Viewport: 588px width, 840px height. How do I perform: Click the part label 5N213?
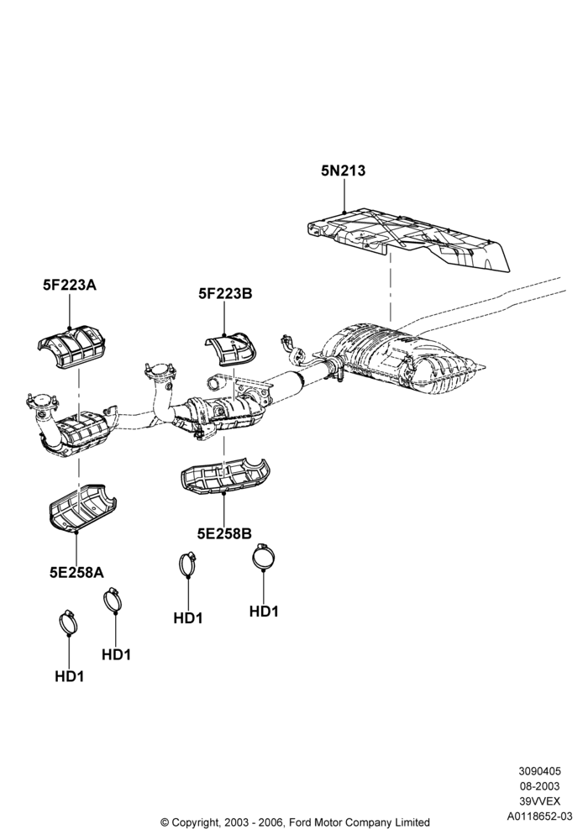click(x=343, y=171)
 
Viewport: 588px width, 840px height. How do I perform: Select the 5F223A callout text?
click(x=70, y=285)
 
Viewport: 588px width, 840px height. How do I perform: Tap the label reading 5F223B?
click(x=225, y=293)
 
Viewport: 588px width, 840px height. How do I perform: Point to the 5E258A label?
click(x=76, y=573)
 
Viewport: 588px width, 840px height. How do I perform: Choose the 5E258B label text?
click(x=224, y=533)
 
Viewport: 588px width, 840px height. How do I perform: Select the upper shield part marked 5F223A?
click(x=71, y=347)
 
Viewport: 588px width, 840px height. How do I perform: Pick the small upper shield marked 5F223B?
click(x=231, y=349)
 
